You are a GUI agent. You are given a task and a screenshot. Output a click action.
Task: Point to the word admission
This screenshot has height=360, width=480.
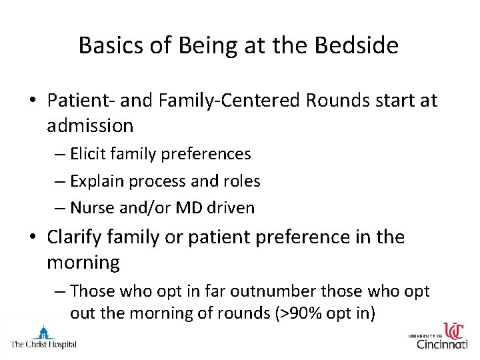coord(90,125)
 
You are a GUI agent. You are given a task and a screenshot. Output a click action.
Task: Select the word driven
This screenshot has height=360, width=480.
coord(231,207)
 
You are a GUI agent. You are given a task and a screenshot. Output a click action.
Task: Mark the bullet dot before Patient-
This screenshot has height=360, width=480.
coord(33,101)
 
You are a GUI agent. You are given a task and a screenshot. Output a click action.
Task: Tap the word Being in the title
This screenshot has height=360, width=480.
coord(192,45)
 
